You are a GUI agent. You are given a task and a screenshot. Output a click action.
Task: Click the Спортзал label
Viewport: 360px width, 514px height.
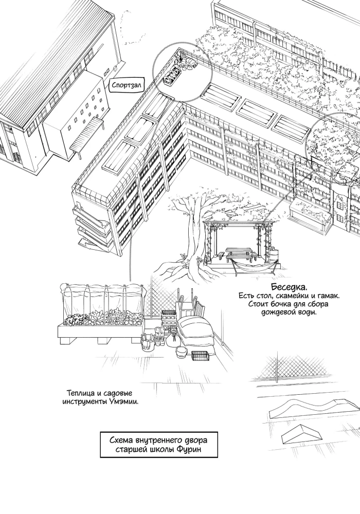point(126,85)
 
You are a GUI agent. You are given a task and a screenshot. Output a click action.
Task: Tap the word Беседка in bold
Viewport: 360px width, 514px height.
point(290,287)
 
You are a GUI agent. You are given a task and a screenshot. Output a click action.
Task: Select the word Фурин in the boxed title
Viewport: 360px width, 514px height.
point(190,449)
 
